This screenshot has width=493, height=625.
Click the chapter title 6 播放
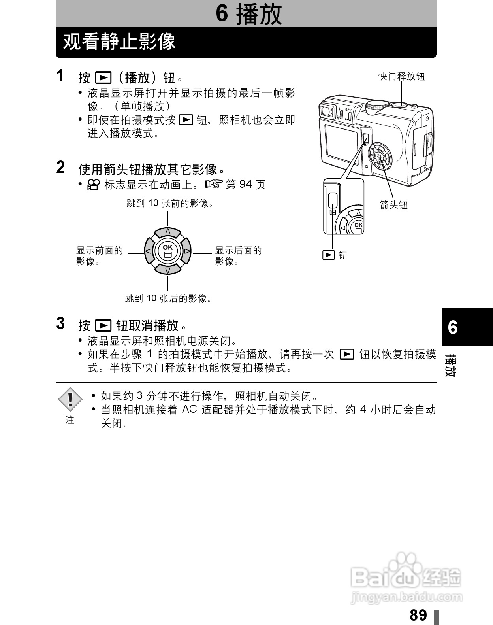(x=248, y=14)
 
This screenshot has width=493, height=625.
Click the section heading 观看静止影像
(x=119, y=42)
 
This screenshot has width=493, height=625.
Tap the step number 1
(x=60, y=76)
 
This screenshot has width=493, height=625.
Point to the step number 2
(x=60, y=167)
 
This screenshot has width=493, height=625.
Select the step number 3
(x=60, y=323)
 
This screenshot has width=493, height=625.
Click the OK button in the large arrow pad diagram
(x=168, y=251)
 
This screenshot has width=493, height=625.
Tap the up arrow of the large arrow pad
(x=168, y=231)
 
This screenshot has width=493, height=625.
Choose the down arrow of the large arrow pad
(x=168, y=270)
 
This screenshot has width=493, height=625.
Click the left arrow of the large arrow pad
(x=148, y=251)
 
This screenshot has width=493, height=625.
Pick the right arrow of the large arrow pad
(x=187, y=251)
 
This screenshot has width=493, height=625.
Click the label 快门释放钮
(x=401, y=76)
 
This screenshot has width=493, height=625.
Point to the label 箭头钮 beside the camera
(x=393, y=205)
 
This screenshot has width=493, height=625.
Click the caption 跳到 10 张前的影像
(x=170, y=203)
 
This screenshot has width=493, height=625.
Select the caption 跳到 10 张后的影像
(x=168, y=298)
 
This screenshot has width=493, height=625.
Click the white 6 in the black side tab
(x=453, y=328)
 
